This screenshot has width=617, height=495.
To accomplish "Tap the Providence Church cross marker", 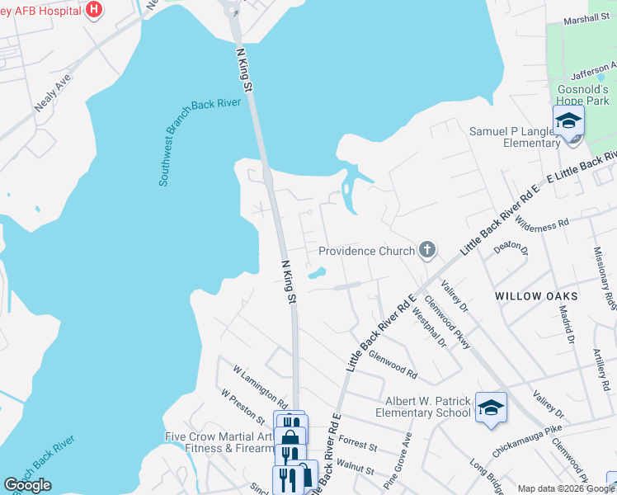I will (x=426, y=250).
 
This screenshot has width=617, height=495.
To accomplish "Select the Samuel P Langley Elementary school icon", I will (x=568, y=120).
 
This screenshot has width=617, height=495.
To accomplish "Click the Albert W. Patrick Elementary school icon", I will (x=491, y=408).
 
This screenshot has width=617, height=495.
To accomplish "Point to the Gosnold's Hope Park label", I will (x=581, y=93).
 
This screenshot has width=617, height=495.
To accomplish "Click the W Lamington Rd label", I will (x=259, y=387).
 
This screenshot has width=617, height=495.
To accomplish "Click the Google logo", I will (x=27, y=485).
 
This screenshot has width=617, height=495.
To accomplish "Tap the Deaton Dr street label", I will (x=509, y=247).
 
